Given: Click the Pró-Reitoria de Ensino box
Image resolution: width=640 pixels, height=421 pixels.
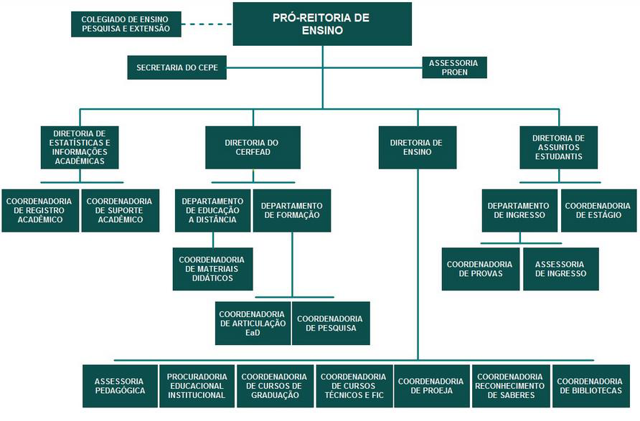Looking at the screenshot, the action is tap(322, 24).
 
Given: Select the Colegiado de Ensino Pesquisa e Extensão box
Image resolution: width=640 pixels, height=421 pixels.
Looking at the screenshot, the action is tap(126, 24).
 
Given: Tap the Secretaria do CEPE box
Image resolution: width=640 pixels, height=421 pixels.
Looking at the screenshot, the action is tap(177, 67).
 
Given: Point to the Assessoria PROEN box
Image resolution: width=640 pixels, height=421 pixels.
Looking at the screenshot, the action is tap(454, 67).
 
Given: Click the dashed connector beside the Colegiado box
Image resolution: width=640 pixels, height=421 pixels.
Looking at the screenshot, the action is tap(207, 24).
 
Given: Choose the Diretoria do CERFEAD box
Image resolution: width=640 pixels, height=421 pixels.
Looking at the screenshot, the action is tap(253, 147).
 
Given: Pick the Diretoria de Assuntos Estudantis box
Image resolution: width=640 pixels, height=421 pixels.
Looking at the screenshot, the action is tap(558, 147).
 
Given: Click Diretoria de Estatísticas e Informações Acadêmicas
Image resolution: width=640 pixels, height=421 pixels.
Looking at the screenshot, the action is tap(80, 147).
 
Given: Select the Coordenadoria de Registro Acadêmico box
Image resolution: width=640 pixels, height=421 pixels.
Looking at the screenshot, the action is tap(40, 211).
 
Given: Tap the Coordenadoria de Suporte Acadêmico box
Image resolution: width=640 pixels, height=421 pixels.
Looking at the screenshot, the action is tap(121, 211).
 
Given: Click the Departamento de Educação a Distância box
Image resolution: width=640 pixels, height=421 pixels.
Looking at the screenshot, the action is tap(212, 211).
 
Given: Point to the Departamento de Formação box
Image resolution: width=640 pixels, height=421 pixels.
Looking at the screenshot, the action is tap(292, 211).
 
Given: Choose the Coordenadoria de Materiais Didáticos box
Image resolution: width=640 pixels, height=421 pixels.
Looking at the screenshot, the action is tap(212, 269).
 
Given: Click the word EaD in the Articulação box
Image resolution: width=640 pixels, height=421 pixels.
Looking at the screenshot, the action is tap(253, 333).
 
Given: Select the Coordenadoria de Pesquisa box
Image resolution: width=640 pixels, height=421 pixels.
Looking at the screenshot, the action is tap(331, 323).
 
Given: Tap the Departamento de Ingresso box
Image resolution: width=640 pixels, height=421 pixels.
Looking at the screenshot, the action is tap(519, 211).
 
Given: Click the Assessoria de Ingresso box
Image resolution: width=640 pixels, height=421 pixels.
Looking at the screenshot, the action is tap(561, 269).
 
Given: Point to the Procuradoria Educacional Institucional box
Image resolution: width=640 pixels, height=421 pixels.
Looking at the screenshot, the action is tap(197, 386).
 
